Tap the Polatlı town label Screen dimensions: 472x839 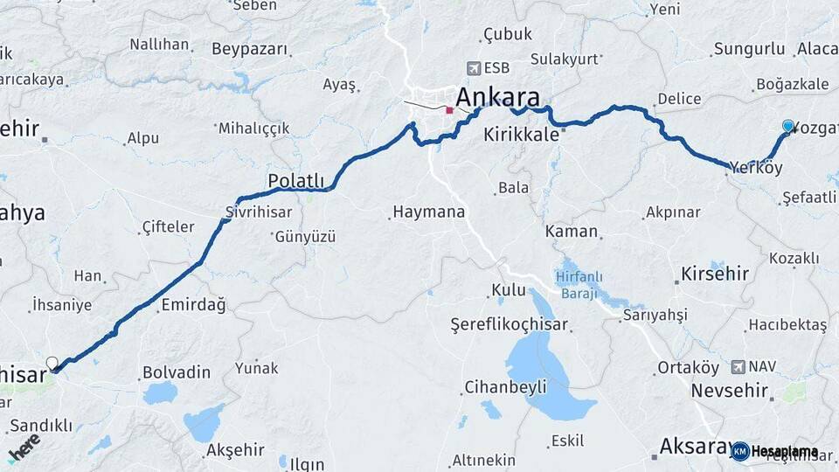tap(295, 180)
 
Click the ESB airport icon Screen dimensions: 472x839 tap(474, 67)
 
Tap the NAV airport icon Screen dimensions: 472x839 tap(738, 366)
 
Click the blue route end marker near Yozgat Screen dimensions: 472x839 tap(788, 127)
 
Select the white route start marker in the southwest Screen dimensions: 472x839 tap(52, 363)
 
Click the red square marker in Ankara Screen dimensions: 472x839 tap(449, 110)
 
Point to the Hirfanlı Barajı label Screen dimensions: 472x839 tap(578, 286)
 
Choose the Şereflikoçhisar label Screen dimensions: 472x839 tap(509, 324)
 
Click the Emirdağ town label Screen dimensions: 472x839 tap(193, 305)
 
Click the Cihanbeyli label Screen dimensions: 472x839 tap(505, 386)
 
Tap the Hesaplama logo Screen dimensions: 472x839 tap(774, 451)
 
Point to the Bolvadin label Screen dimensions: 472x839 tap(177, 372)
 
